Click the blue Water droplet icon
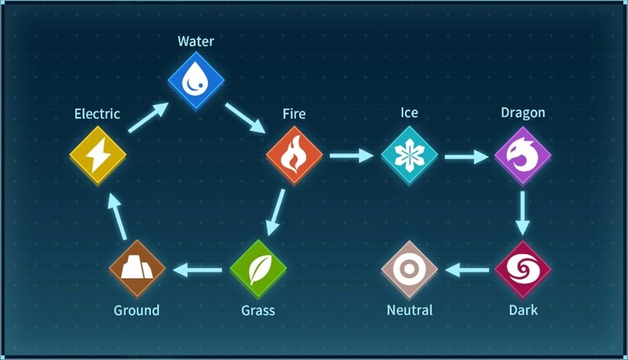point(196,80)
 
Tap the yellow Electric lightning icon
point(97,154)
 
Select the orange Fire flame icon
point(294,154)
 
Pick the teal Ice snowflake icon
point(409,154)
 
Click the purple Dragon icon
point(522,154)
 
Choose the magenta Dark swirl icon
point(522,270)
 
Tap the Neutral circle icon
point(409,270)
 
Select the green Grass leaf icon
point(258,270)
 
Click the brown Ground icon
point(137,268)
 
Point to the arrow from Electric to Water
point(147,117)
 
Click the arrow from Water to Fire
point(245,117)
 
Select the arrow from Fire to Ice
point(350,156)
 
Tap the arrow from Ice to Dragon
point(466,156)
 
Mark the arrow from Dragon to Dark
point(522,212)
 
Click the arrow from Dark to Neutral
point(466,271)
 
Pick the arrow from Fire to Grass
point(275,213)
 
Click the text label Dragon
point(523,112)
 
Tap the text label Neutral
point(410,310)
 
